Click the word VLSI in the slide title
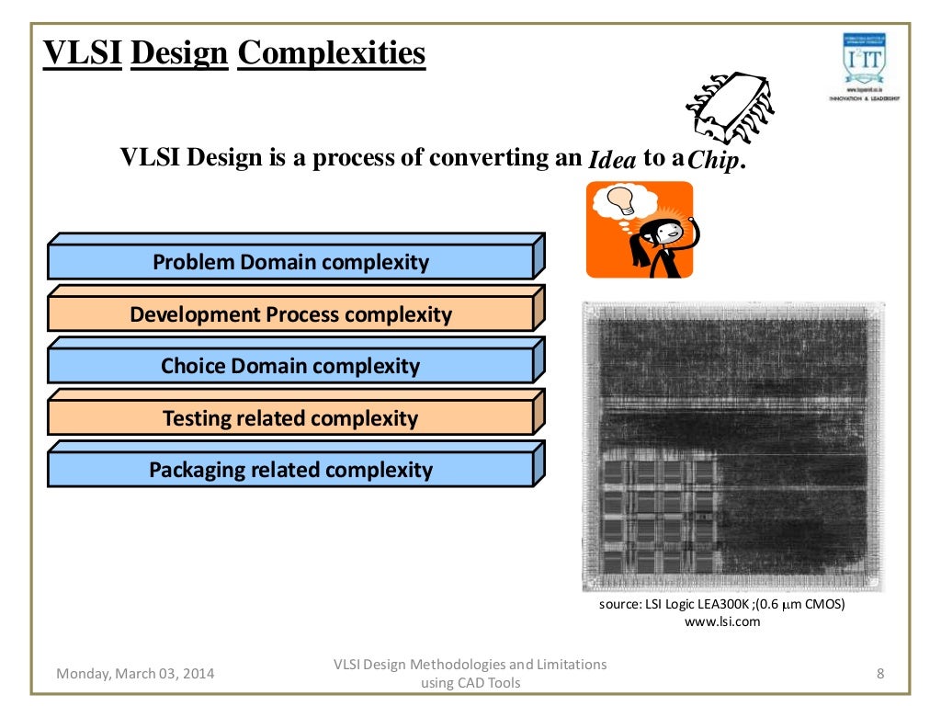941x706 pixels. pos(83,53)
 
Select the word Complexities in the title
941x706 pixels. pos(331,53)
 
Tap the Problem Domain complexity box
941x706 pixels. pos(290,262)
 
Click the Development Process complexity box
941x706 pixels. pos(290,314)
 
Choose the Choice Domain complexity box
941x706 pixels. pos(290,366)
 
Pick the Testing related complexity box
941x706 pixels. pos(290,418)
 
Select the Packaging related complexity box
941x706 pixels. pos(290,470)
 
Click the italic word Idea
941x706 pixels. pos(612,160)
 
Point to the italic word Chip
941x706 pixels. pos(714,161)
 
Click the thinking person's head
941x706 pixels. pos(664,230)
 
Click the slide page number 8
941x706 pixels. pos(880,674)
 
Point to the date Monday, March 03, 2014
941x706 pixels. pos(135,674)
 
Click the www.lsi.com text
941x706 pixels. pos(723,622)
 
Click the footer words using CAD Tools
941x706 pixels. pos(470,683)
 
